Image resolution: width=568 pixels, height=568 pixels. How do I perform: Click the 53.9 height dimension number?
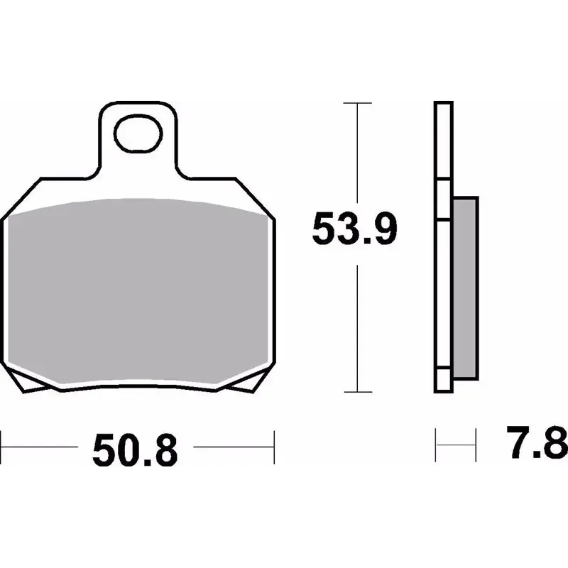tap(354, 229)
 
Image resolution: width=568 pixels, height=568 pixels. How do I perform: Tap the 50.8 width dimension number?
tap(135, 451)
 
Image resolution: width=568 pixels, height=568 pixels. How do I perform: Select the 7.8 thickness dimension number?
tap(537, 442)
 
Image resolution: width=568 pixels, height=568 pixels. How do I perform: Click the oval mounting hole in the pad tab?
tap(138, 133)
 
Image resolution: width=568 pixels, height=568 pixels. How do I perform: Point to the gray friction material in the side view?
tap(465, 288)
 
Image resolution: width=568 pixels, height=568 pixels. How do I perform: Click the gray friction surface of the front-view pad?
tap(138, 290)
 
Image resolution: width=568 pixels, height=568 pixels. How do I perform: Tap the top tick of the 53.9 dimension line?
tap(358, 103)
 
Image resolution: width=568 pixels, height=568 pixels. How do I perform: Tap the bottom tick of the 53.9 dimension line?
tap(358, 392)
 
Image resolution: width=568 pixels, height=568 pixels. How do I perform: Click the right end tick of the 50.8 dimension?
tap(274, 447)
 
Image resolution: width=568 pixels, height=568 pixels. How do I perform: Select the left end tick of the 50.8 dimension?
tap(1, 447)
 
